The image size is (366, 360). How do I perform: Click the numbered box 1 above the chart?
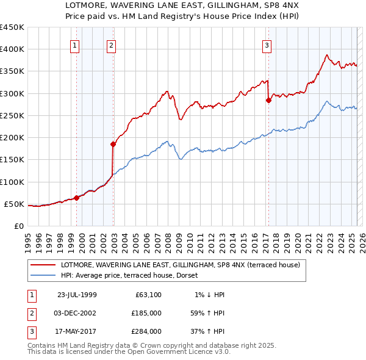(x=74, y=45)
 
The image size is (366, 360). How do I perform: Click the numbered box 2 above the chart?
(x=111, y=45)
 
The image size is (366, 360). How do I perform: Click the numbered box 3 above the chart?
(x=267, y=45)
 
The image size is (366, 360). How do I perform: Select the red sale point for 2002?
(x=113, y=144)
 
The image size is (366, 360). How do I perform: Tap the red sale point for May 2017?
(x=268, y=101)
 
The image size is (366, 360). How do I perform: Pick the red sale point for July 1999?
(x=77, y=198)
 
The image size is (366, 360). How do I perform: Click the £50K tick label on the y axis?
(x=14, y=204)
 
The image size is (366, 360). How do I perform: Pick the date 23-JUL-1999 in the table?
(x=77, y=295)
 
